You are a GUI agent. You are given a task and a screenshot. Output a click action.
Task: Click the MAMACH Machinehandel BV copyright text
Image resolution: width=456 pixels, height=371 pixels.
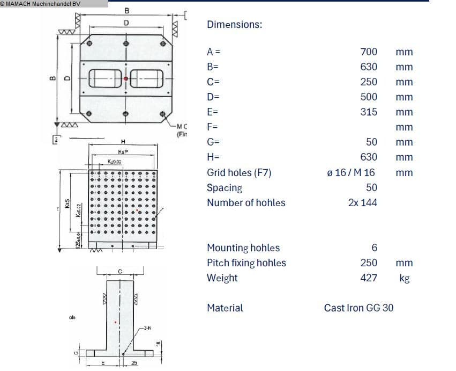pos(41,4)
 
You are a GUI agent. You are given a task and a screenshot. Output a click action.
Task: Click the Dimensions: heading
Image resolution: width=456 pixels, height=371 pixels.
pos(234,25)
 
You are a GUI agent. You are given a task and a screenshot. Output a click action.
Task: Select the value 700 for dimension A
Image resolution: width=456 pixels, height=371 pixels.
pos(369,52)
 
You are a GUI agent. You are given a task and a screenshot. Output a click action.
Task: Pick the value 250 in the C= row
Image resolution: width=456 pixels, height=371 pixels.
pos(369,82)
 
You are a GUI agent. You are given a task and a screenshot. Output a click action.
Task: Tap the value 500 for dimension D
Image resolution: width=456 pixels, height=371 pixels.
pos(369,97)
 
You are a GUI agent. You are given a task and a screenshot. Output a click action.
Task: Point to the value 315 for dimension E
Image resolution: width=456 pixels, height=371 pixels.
pos(369,112)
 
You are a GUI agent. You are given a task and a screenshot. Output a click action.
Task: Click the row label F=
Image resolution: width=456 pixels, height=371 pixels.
pos(212,127)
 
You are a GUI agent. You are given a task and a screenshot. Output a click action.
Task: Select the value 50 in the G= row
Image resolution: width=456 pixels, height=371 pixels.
pos(371,142)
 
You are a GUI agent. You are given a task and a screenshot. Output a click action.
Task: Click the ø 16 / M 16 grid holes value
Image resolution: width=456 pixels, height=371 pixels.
pos(350,173)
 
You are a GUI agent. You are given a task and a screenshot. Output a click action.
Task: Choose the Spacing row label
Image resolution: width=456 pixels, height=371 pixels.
pos(225,188)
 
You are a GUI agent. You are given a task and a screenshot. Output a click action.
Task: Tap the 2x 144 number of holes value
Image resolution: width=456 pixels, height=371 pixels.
pos(362,203)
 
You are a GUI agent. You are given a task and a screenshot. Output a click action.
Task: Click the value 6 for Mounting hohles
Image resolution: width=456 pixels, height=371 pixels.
pos(375,248)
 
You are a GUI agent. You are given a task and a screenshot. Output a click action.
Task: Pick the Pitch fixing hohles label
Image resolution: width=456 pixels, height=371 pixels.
pos(246,263)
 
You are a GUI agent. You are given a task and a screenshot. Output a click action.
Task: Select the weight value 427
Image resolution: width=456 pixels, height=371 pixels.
pos(369,278)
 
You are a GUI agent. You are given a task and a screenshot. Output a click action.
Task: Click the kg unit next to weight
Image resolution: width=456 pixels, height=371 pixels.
pos(404,279)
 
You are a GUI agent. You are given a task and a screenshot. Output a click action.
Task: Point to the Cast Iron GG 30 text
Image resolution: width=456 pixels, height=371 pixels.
pos(358,308)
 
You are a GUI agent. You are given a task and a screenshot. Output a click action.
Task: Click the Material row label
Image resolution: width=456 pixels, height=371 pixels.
pos(225,308)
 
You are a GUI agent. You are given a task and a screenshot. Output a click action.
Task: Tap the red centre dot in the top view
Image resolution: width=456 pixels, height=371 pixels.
pos(126,78)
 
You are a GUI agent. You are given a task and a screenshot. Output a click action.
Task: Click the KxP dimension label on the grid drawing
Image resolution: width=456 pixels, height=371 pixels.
pos(123,152)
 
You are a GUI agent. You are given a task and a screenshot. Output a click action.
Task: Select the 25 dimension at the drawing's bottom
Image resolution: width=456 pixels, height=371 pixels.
pos(134,363)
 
